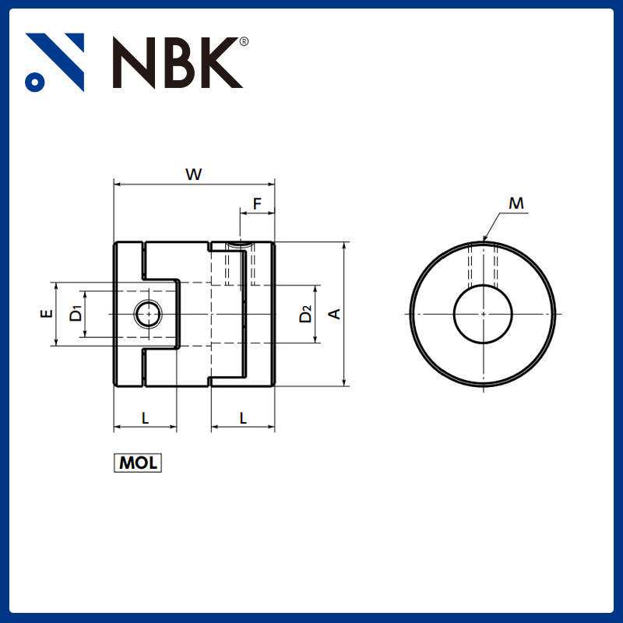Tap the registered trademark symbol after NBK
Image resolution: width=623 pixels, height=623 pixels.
244,41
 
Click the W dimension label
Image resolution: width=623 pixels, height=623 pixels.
193,174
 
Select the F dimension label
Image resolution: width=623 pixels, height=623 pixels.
257,205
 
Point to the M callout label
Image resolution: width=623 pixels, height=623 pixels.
516,204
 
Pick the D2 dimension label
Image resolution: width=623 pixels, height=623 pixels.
305,314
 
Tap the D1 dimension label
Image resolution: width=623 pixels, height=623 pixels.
76,314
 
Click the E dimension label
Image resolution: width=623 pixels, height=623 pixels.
47,314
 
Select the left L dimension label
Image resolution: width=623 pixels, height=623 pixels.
145,418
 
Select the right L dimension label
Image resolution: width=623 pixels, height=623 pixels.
243,418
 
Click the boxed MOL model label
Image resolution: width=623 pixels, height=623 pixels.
138,463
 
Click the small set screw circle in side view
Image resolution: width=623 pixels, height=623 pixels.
147,315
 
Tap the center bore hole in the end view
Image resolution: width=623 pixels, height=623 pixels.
483,314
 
